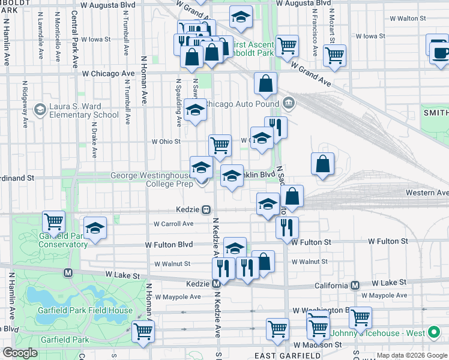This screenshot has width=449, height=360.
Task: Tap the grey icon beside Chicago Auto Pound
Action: click(x=289, y=103)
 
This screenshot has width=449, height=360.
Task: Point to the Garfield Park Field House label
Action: click(x=87, y=310)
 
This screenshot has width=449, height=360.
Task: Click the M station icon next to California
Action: click(x=355, y=286)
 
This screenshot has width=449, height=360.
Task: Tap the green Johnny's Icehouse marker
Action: click(x=433, y=333)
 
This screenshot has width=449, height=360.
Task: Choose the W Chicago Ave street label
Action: click(x=109, y=73)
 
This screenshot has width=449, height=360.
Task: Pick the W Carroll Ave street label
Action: click(x=173, y=224)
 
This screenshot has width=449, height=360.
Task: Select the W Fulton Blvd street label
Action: click(x=169, y=245)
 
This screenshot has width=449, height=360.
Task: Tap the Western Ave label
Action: click(x=427, y=193)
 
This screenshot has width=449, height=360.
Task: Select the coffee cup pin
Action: click(x=439, y=52)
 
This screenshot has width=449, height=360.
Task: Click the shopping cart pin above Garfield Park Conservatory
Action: click(x=53, y=221)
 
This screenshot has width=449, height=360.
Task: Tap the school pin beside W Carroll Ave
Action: click(x=95, y=228)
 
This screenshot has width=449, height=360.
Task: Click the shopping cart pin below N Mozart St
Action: click(x=334, y=55)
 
